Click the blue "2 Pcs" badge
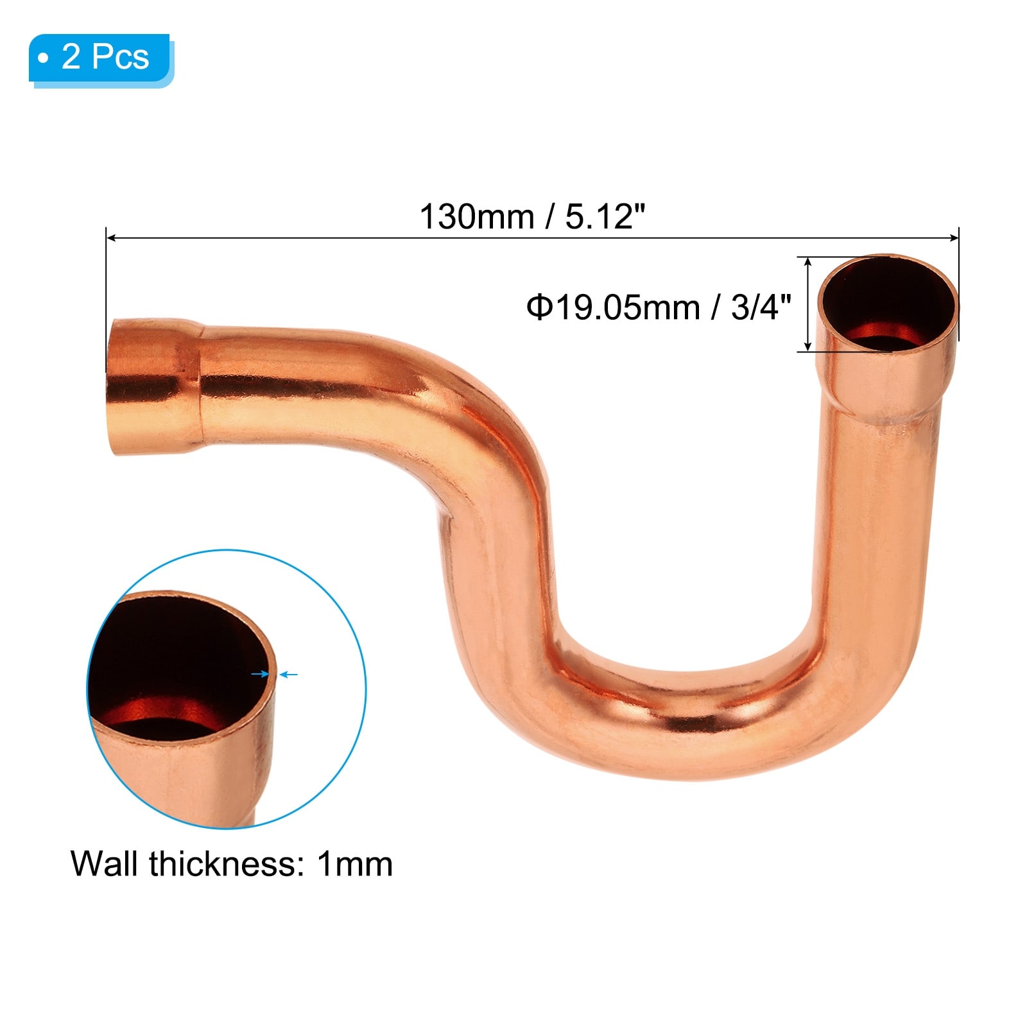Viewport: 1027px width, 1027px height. tap(101, 58)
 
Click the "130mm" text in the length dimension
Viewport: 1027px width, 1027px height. tap(476, 216)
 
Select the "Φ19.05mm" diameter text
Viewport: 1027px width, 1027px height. tap(613, 307)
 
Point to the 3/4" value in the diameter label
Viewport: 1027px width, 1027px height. tap(761, 307)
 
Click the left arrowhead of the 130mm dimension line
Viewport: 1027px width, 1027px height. tap(110, 238)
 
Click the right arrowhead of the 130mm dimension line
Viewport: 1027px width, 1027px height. tap(954, 238)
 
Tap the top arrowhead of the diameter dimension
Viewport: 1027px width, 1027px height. tap(808, 262)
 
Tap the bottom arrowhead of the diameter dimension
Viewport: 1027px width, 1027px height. tap(808, 347)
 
